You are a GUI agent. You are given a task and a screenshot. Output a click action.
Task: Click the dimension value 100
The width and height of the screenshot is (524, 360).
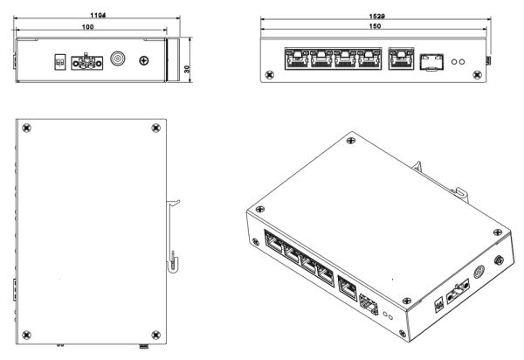tap(87, 28)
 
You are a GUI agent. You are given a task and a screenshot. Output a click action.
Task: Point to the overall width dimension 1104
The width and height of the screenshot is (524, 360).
tap(96, 16)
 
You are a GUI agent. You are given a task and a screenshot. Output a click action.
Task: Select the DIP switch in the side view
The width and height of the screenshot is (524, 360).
tap(60, 62)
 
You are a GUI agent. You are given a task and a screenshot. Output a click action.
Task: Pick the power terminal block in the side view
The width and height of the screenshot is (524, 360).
tap(87, 62)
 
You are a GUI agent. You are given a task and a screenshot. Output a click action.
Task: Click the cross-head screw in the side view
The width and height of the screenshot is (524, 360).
tap(144, 62)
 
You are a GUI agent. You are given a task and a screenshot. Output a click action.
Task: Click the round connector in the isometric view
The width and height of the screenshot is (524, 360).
tap(477, 271)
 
